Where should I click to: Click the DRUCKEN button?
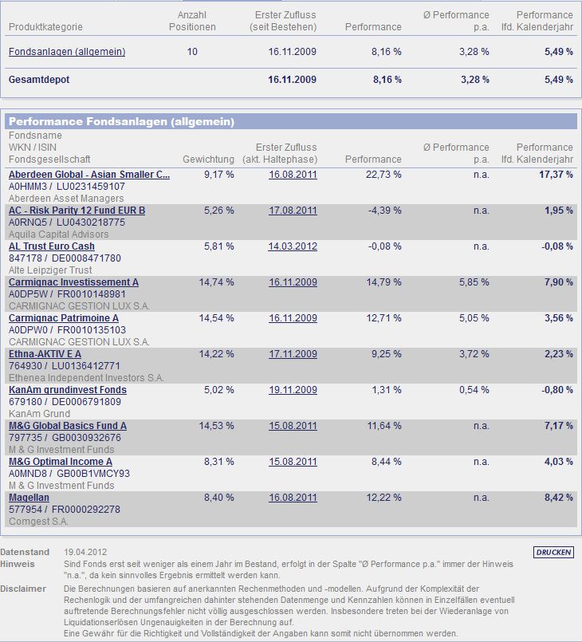coord(553,552)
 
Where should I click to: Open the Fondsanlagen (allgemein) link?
coord(67,52)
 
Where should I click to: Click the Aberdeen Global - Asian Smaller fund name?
coord(88,175)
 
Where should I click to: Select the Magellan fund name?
coord(29,498)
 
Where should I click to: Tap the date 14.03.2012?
coord(293,246)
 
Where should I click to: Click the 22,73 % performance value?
coord(384,175)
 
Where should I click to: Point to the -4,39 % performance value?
coord(386,211)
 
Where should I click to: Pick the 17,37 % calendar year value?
coord(555,175)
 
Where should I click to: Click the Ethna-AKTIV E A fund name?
coord(45,354)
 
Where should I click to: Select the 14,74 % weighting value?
coord(217,282)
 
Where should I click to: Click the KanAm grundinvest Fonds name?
coord(67,390)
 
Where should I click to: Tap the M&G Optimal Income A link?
coord(60,462)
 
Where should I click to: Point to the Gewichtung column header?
coord(208,160)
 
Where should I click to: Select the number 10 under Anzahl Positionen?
coord(192,52)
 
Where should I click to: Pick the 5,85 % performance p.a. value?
coord(473,282)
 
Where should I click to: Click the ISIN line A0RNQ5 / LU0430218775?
coord(66,223)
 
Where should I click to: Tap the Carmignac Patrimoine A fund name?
coord(63,318)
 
